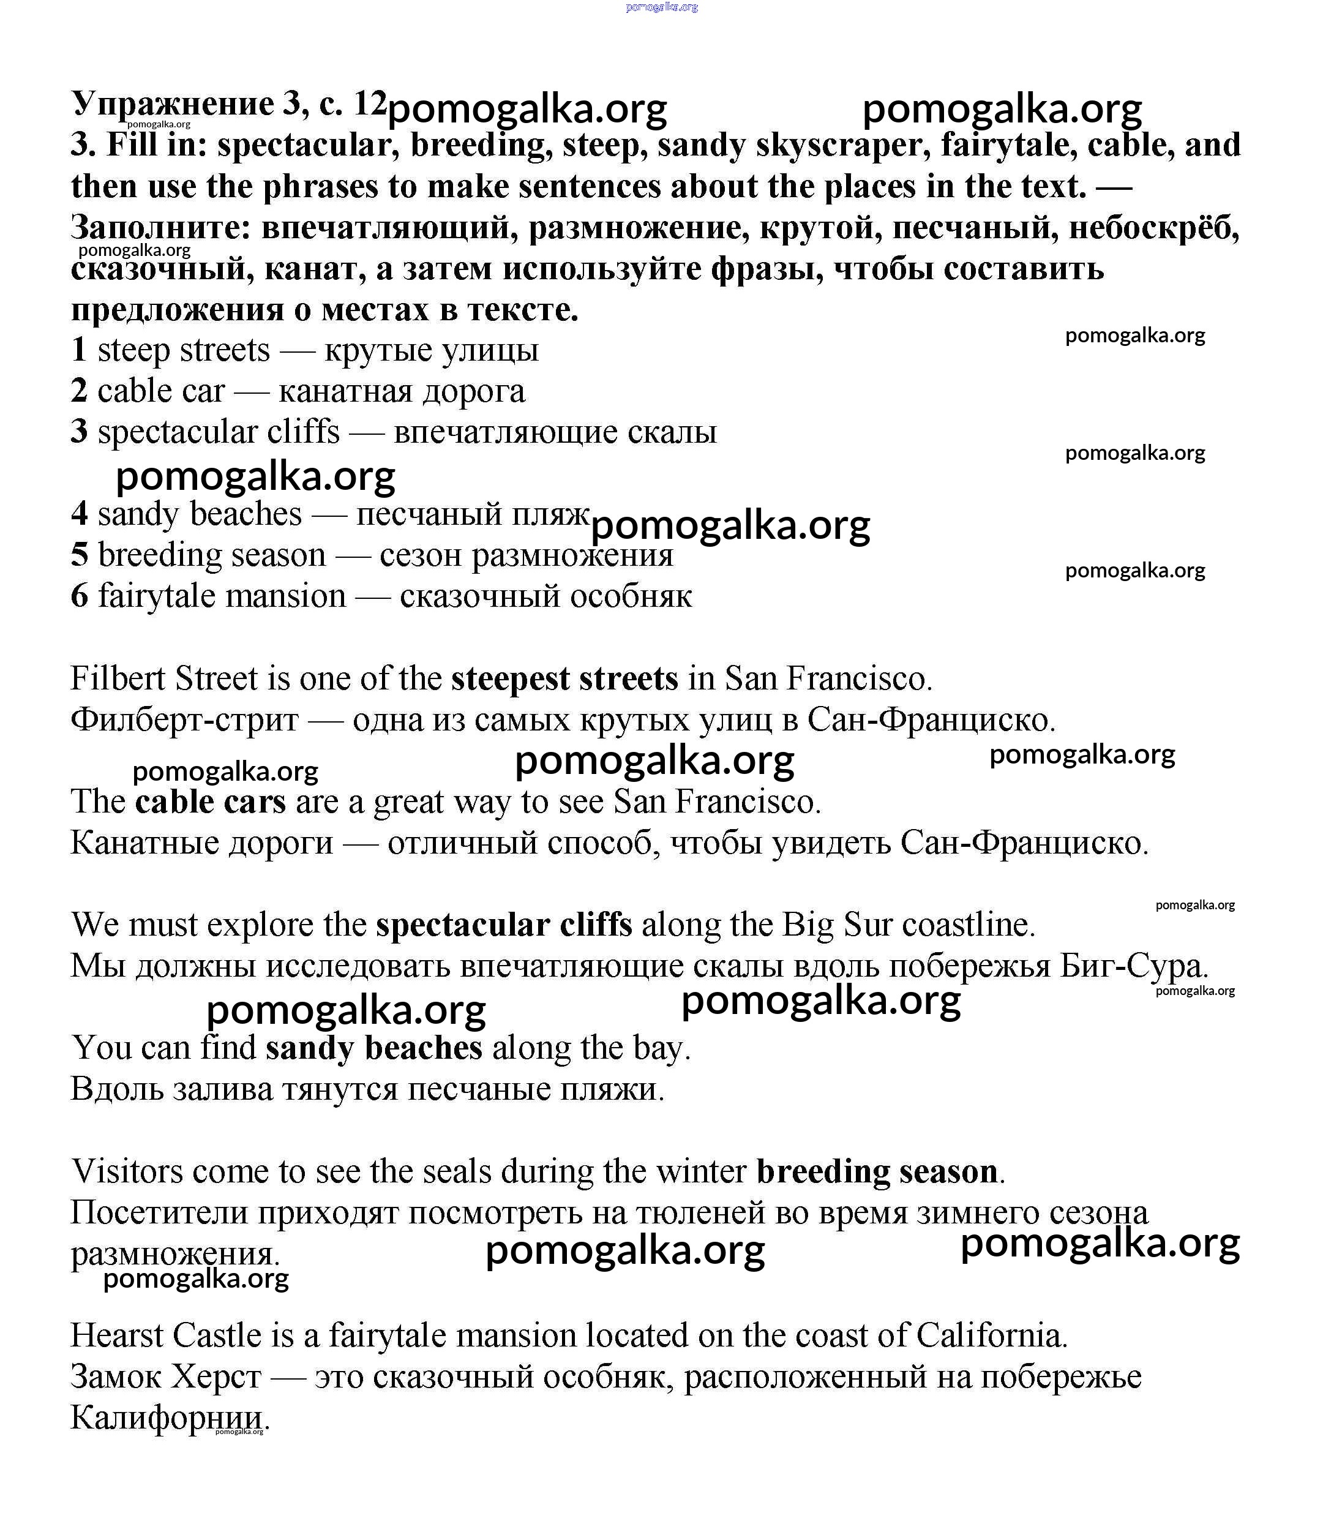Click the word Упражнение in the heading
pos(173,104)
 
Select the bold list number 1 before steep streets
pos(79,350)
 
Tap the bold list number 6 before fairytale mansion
pos(80,596)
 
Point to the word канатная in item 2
pos(345,391)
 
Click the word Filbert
pos(118,678)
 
